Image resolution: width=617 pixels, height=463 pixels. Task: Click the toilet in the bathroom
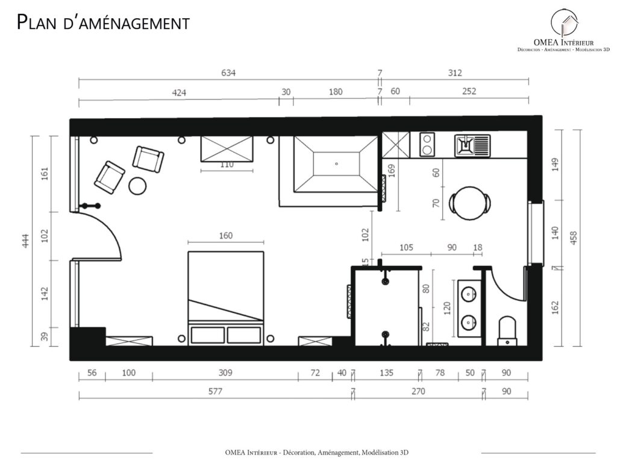coord(507,331)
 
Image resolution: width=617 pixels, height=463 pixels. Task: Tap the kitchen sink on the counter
coord(472,146)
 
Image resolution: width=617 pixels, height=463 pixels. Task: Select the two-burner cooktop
coord(427,145)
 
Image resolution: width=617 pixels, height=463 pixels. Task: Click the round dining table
coord(470,203)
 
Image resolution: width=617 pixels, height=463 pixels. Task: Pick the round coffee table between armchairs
coord(137,186)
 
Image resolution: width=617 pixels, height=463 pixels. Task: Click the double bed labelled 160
coord(226,298)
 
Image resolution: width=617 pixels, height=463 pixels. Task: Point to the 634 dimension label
coord(228,73)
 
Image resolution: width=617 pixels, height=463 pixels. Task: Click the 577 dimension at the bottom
coord(215,391)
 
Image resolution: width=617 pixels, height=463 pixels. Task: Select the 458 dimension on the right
coord(574,238)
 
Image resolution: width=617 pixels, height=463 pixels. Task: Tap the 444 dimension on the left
coord(25,241)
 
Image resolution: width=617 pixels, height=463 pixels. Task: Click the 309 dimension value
coord(225,373)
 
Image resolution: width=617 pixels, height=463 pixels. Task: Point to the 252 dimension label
coord(469,92)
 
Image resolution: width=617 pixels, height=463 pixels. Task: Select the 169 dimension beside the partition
coord(392,171)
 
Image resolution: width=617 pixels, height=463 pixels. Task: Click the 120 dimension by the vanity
coord(447,308)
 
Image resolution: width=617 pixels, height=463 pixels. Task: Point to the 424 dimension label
coord(179,93)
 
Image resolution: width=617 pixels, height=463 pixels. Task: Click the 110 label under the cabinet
coord(227,165)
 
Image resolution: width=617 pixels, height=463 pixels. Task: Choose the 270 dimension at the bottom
coord(418,391)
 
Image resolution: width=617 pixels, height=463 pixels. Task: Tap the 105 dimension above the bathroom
coord(406,248)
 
